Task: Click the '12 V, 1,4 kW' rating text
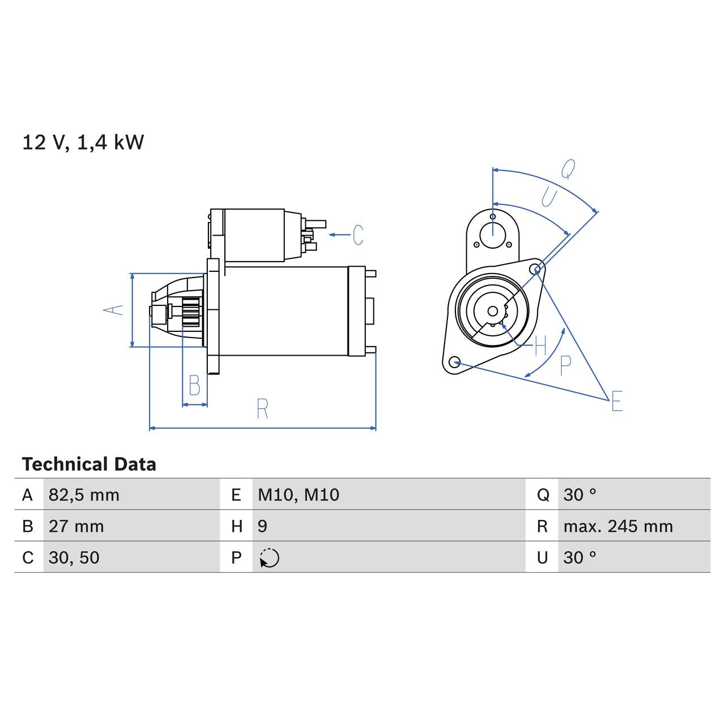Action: click(83, 142)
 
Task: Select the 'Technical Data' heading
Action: click(89, 464)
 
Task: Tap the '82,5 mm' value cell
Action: click(84, 495)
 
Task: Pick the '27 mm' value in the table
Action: click(76, 526)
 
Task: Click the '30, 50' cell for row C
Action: click(74, 557)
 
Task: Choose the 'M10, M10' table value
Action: click(298, 495)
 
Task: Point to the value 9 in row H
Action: click(262, 526)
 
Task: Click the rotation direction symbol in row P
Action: click(270, 558)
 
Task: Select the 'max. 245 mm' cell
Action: click(618, 526)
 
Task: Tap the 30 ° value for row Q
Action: click(579, 495)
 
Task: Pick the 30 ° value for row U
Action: click(579, 557)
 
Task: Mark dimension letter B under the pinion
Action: click(194, 386)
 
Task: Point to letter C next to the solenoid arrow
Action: click(358, 234)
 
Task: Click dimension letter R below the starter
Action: click(262, 409)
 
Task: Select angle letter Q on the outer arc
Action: click(568, 168)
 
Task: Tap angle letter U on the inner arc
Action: click(549, 197)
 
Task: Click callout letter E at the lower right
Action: click(617, 401)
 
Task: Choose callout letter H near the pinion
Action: click(540, 345)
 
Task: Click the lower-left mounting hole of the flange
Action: click(453, 361)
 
